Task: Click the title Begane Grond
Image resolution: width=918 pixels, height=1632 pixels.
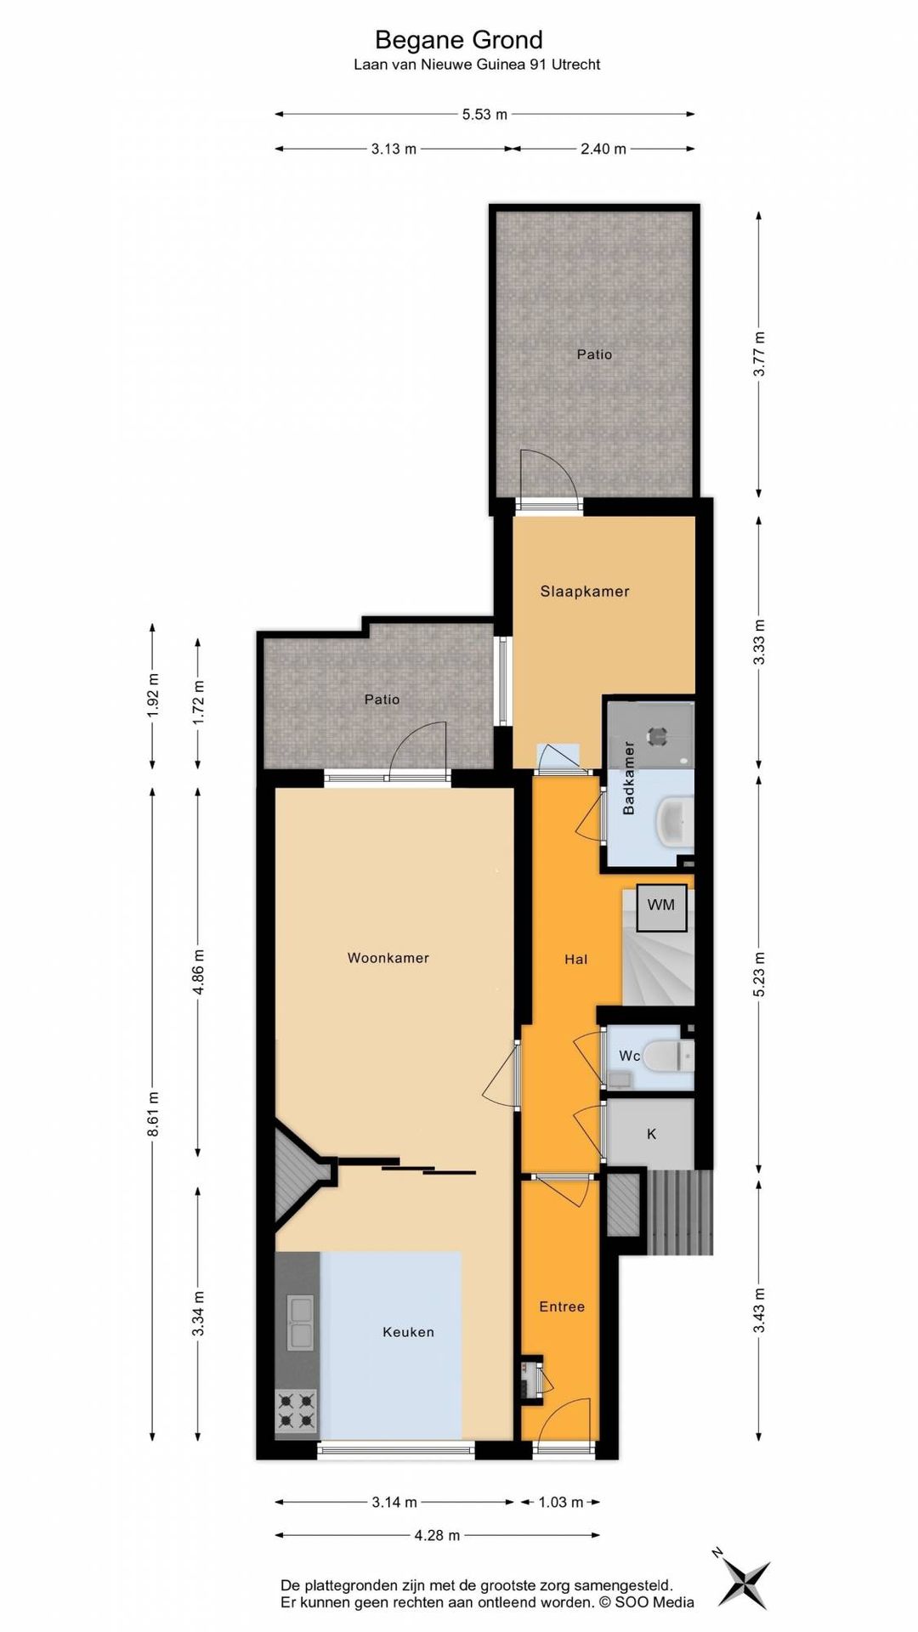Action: tap(459, 40)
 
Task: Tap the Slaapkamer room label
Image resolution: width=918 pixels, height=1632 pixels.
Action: tap(585, 592)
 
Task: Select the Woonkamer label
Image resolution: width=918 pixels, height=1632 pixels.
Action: tap(388, 958)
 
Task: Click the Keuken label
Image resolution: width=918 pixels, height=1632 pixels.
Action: tap(408, 1332)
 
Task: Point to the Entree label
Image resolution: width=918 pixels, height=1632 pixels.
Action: tap(562, 1306)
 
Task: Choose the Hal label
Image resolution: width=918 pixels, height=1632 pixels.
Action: tap(576, 959)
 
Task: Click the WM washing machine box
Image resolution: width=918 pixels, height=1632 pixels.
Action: tap(661, 905)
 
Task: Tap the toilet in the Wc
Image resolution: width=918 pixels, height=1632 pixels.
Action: tap(669, 1057)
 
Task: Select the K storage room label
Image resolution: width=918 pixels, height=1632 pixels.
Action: tap(652, 1134)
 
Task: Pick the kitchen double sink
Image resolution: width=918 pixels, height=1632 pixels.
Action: tap(299, 1323)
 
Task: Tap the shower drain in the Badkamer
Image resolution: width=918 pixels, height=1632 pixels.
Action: tap(658, 736)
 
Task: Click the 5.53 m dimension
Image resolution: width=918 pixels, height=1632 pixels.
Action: tap(484, 114)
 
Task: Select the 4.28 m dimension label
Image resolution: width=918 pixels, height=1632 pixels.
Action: tap(437, 1535)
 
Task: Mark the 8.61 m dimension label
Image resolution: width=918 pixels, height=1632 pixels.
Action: tap(154, 1113)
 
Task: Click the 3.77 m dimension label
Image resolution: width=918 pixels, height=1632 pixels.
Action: tap(760, 354)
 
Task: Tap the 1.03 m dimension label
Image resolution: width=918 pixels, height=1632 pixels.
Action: tap(561, 1502)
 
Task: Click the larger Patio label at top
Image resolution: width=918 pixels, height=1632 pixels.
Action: tap(594, 354)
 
